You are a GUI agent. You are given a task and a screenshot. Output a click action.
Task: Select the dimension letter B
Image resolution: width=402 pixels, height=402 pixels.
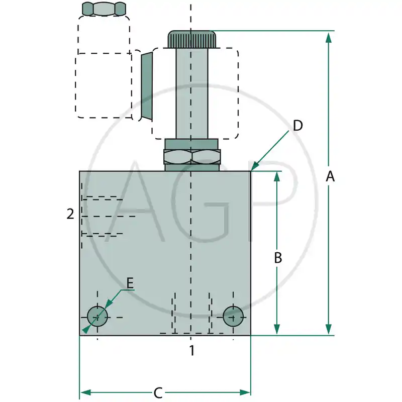(x=277, y=258)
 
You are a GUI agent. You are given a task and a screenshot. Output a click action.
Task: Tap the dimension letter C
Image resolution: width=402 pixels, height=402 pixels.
(x=158, y=392)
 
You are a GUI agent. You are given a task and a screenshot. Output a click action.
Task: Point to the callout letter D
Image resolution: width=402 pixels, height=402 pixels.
(x=298, y=126)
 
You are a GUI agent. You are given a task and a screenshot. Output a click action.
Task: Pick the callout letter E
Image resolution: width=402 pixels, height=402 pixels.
(x=130, y=283)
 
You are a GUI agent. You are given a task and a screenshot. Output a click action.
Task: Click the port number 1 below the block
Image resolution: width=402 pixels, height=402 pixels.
(x=191, y=350)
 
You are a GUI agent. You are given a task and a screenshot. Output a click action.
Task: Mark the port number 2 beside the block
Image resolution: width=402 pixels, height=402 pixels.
(x=70, y=214)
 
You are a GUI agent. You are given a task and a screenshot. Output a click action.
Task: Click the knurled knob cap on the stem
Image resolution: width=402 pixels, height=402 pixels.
(x=191, y=39)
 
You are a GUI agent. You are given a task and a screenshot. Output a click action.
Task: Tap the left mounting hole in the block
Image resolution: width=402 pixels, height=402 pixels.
(x=97, y=316)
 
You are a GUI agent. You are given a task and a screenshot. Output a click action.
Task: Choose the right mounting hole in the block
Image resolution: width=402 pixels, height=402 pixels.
(x=233, y=315)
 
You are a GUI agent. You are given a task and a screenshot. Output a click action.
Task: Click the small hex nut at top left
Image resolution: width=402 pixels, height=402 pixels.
(x=104, y=9)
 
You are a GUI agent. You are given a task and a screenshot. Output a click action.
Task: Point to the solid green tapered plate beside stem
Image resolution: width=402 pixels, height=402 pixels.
(x=146, y=86)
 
